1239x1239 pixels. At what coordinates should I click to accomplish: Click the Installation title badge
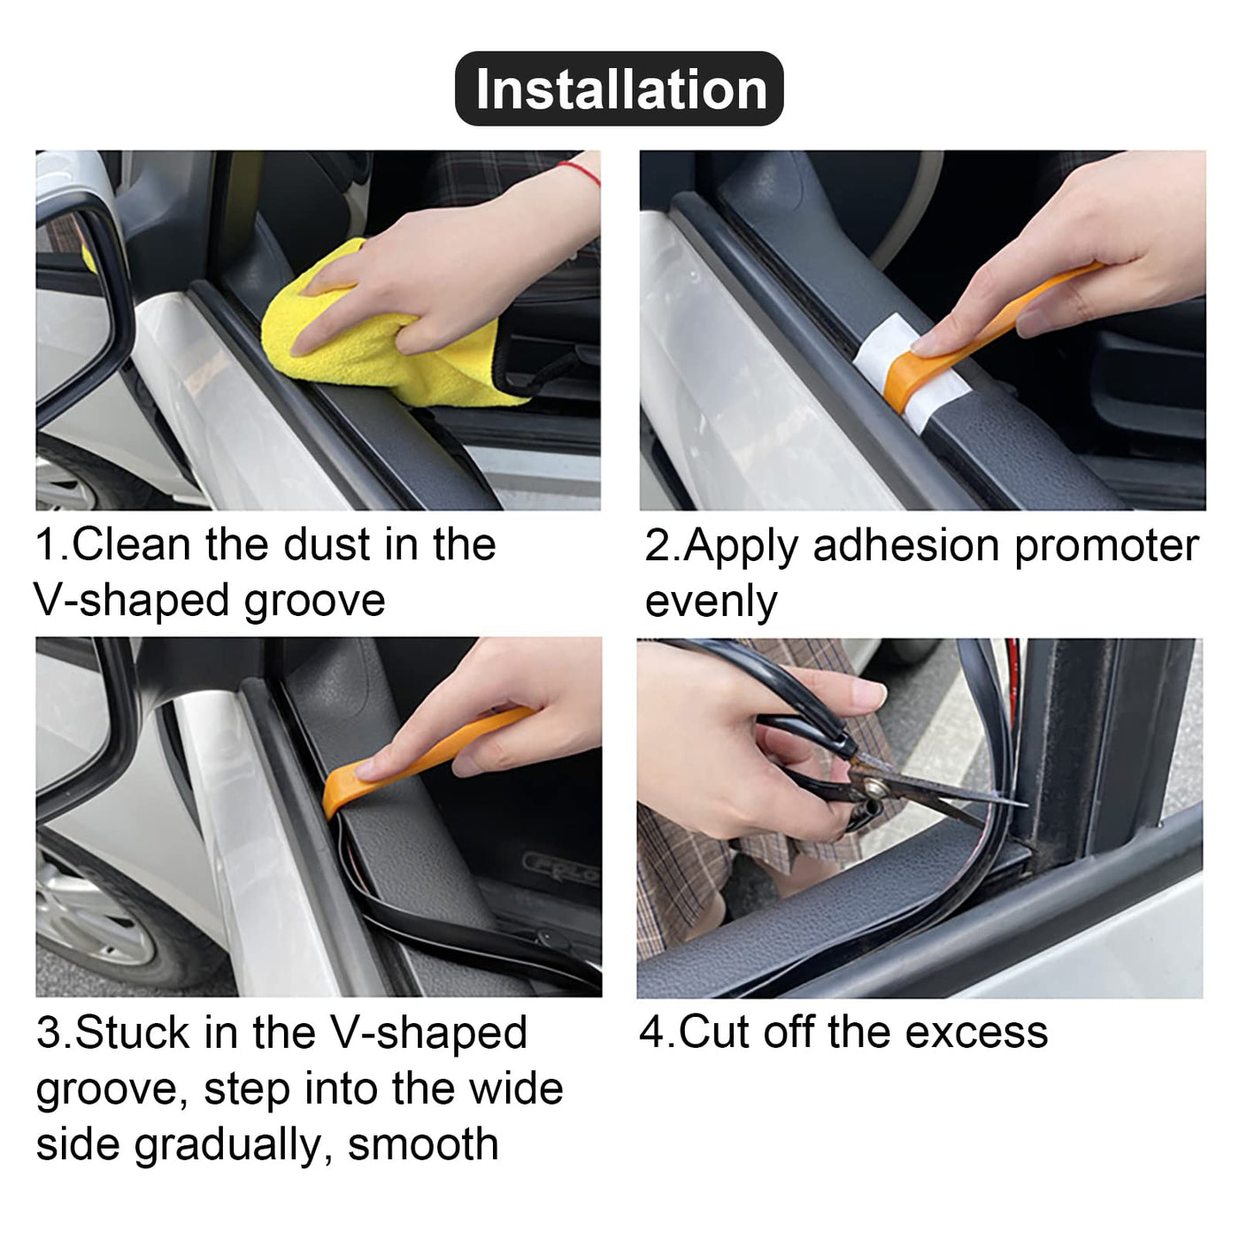click(x=619, y=88)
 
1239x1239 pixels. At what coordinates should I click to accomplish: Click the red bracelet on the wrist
click(x=579, y=173)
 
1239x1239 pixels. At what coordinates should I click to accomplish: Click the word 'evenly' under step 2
click(x=712, y=603)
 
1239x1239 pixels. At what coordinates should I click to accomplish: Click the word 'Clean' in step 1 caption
click(x=132, y=544)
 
